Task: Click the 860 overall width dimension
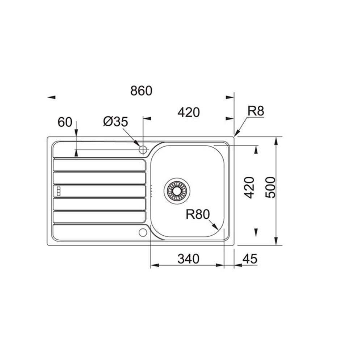coord(141,91)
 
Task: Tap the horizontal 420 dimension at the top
coord(189,113)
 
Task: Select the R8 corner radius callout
coord(256,111)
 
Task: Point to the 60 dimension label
coord(65,122)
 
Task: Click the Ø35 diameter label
coord(115,122)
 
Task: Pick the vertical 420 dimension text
coord(249,188)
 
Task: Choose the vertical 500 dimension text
coord(270,188)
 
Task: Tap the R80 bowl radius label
coord(198,214)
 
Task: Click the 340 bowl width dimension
coord(188,259)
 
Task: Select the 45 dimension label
coord(249,259)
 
